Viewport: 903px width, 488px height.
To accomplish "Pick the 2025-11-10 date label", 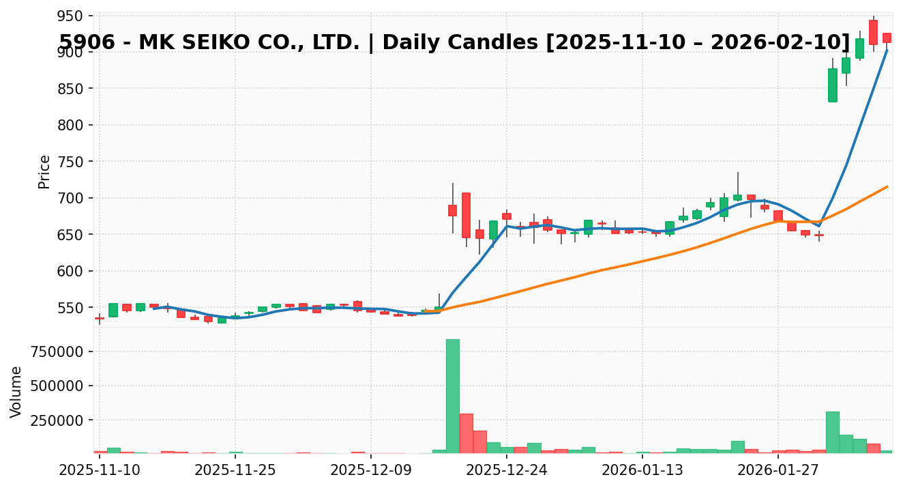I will (x=100, y=470).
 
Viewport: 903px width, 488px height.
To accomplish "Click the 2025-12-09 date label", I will (x=370, y=470).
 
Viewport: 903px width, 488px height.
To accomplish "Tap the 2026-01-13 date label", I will (x=642, y=470).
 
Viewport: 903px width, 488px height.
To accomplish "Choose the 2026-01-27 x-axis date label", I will (x=777, y=470).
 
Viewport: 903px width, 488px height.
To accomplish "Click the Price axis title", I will (x=44, y=171).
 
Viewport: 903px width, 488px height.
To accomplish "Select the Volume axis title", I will (x=16, y=391).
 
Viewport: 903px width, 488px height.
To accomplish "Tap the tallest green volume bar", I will (x=452, y=396).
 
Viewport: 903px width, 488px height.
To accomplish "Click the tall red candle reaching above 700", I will (x=466, y=215).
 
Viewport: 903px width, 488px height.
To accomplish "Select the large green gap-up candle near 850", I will (x=832, y=85).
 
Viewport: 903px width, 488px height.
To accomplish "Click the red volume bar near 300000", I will (x=466, y=433).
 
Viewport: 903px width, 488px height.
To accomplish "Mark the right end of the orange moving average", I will (x=887, y=186).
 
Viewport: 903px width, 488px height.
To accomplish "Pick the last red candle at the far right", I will (x=887, y=38).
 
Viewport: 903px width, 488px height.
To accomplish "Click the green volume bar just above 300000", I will (x=832, y=432).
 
